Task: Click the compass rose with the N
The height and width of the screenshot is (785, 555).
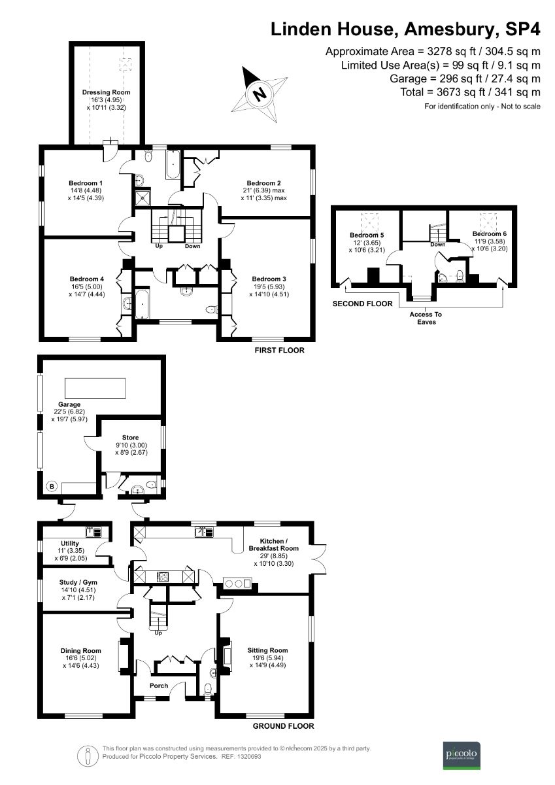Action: pos(260,94)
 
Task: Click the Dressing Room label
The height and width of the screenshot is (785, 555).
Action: pos(106,93)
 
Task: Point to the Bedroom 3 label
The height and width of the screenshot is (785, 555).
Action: pos(269,279)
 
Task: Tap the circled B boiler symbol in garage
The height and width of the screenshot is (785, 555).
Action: pos(51,487)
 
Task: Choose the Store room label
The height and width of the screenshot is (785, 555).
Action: pos(131,438)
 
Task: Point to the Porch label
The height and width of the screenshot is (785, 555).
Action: pos(158,686)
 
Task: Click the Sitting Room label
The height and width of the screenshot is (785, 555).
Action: pos(268,650)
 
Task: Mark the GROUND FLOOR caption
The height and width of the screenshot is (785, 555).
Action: pos(283,726)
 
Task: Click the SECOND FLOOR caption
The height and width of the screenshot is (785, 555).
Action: pos(363,304)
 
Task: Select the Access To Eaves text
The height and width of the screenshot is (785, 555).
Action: pos(426,318)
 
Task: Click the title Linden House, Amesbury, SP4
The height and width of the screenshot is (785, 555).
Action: pos(406,29)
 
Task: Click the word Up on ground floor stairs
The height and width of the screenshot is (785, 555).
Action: pos(158,633)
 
